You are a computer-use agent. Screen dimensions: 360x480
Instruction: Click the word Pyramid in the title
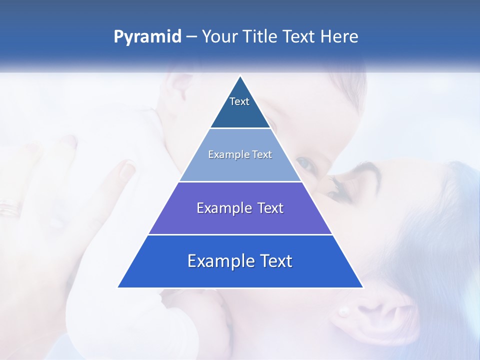tap(147, 37)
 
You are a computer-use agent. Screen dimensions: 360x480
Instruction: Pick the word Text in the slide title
tap(300, 37)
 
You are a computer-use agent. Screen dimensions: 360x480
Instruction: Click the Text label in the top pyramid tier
tap(239, 101)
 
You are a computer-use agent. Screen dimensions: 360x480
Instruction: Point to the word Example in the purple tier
tap(223, 208)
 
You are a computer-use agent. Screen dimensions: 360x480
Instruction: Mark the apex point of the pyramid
tap(240, 76)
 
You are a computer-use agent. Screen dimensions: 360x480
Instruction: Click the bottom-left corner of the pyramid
tap(118, 287)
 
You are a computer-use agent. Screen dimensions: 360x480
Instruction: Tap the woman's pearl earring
tap(343, 312)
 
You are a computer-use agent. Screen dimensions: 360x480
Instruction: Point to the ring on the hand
tap(8, 207)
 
